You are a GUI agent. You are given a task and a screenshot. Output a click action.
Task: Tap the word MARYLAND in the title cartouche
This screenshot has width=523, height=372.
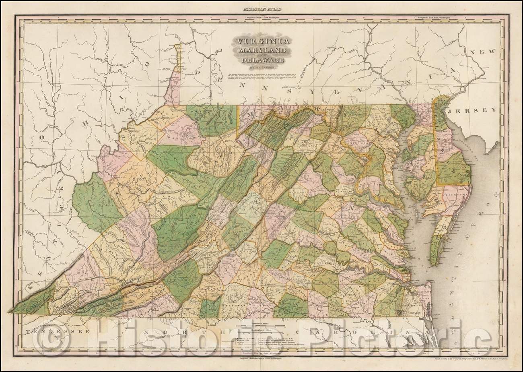coord(261,51)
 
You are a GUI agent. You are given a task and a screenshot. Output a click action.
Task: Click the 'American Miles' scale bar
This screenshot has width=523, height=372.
coord(261,324)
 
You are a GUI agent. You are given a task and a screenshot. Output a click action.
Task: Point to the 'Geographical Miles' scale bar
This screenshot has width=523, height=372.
coord(261,330)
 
